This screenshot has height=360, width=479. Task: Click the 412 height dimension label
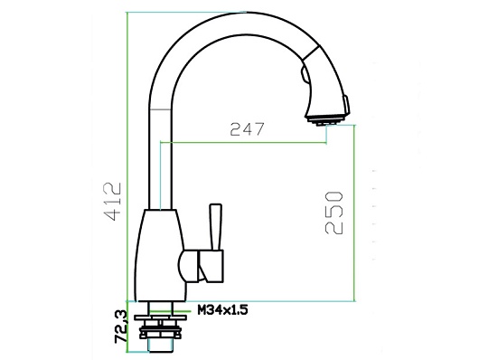tap(113, 202)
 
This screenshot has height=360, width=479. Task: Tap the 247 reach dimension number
tap(247, 129)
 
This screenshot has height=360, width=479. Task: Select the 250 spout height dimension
tap(333, 213)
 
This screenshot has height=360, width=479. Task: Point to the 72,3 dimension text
tap(121, 327)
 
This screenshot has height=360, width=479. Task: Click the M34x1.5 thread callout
tap(222, 310)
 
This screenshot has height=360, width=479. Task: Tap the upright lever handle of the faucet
tap(216, 227)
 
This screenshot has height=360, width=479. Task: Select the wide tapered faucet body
tap(160, 255)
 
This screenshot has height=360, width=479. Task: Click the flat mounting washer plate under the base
tap(160, 317)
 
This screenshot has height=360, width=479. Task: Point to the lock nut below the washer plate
tap(160, 333)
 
